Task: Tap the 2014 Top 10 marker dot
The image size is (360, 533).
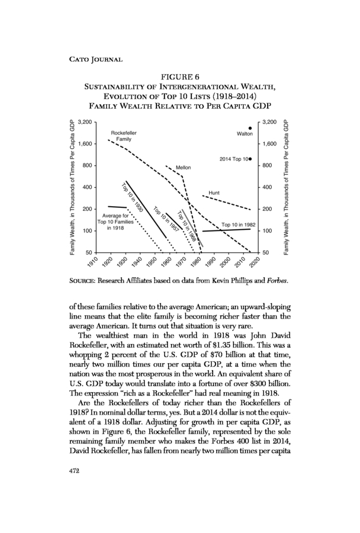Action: click(x=250, y=159)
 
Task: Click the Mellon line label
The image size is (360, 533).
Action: click(x=183, y=168)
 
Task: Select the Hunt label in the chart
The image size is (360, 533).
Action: click(x=214, y=192)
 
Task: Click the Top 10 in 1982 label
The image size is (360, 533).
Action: click(x=238, y=224)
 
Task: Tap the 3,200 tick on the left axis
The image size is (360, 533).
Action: click(x=85, y=121)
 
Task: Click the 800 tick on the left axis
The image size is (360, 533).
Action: click(x=88, y=166)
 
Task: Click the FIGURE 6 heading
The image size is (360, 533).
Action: click(x=179, y=76)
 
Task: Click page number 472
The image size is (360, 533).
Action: click(x=74, y=471)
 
